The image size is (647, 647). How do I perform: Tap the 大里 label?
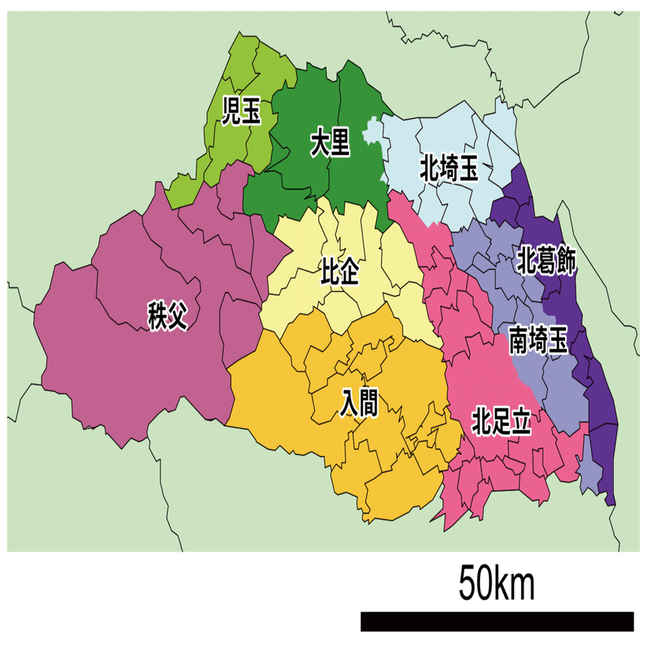coord(329,145)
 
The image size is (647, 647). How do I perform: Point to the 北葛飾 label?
coord(546,261)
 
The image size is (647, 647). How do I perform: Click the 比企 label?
coord(340,272)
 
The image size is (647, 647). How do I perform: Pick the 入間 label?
coord(358,402)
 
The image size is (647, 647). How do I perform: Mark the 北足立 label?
coord(501,421)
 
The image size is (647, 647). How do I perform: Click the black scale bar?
coord(497,621)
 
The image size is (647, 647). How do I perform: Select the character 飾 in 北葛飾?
coord(566,261)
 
